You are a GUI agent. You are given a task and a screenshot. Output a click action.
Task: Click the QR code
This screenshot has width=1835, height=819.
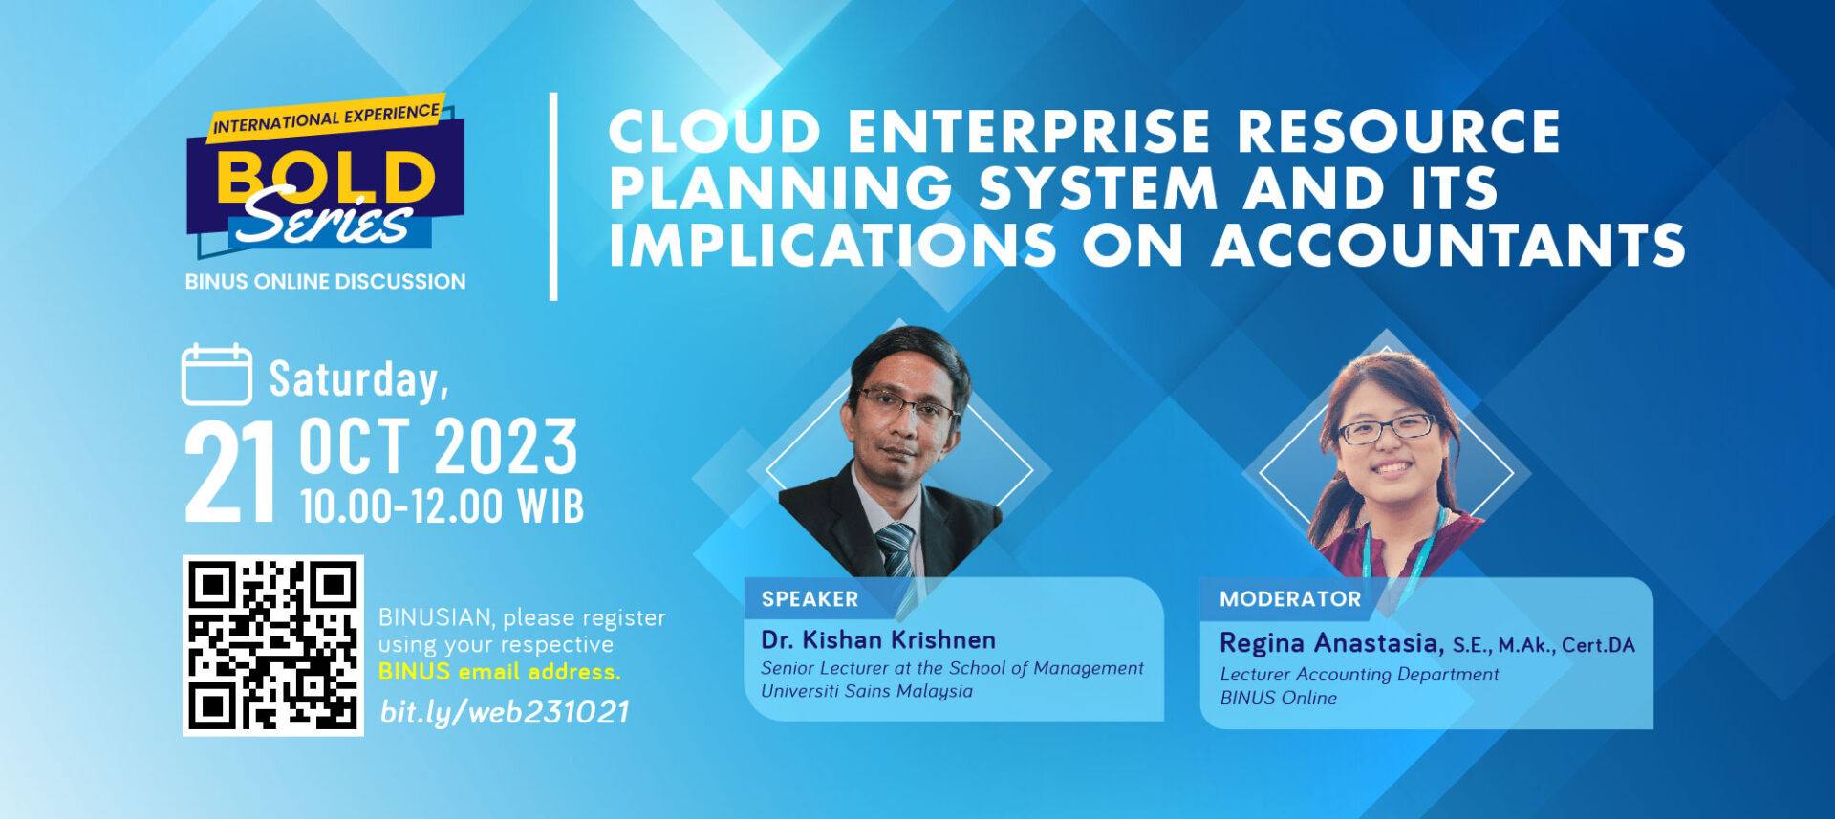(x=273, y=645)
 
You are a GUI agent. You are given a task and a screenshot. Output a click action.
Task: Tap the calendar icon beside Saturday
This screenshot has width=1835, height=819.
(x=217, y=375)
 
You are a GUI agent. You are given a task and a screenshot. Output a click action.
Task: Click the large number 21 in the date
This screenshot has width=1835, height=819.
(x=230, y=472)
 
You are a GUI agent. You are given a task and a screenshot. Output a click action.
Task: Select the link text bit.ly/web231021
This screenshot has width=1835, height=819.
(x=505, y=712)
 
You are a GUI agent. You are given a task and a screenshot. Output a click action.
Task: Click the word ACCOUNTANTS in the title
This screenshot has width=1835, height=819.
(x=1448, y=245)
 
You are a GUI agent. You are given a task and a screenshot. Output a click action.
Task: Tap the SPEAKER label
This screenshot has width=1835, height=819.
(x=810, y=599)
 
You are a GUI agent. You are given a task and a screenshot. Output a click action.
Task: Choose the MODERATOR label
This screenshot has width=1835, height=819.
(x=1290, y=599)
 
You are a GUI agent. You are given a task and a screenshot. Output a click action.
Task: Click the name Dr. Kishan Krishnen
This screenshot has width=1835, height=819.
(x=878, y=639)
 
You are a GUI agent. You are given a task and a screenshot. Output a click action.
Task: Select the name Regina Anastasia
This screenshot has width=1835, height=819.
(x=1331, y=643)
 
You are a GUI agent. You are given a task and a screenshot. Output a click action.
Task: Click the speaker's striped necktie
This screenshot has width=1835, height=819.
(x=896, y=550)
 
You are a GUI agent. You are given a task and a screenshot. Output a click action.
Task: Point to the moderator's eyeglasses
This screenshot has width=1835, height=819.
(x=1386, y=428)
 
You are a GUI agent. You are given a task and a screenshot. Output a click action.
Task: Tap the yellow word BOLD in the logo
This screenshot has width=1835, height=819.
(x=325, y=176)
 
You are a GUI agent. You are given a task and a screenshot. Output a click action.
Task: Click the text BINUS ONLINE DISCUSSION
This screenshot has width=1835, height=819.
(x=325, y=282)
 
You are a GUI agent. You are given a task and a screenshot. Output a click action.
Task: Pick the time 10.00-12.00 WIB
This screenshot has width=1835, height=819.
(x=442, y=506)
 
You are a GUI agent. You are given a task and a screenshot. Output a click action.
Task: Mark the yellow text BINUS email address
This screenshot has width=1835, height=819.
(x=499, y=672)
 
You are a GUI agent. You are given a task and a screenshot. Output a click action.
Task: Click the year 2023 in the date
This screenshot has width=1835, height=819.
(x=507, y=446)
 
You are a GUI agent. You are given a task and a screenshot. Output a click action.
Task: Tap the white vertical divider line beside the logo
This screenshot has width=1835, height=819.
(x=553, y=197)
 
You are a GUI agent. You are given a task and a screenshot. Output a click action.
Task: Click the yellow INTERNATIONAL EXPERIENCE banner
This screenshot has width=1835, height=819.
(x=326, y=118)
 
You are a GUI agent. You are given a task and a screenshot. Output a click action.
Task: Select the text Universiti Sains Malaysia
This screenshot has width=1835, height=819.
(x=867, y=691)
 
